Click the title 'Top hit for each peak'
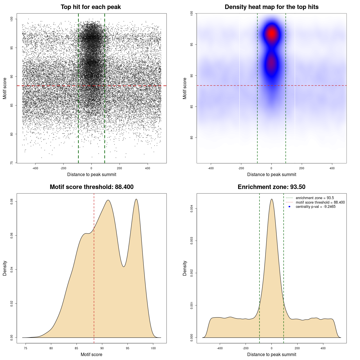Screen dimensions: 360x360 click(x=91, y=7)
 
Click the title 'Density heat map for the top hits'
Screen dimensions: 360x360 click(x=271, y=7)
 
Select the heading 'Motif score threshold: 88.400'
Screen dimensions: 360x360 click(x=91, y=187)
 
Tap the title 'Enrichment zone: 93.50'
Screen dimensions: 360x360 click(x=271, y=187)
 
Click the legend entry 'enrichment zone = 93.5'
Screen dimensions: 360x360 click(x=315, y=198)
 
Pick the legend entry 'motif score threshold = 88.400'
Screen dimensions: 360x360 click(x=320, y=202)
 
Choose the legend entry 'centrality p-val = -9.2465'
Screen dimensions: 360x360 click(x=316, y=207)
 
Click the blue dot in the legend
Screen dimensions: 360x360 click(x=289, y=207)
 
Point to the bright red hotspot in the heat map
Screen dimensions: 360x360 click(x=272, y=33)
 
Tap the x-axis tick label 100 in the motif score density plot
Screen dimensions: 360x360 click(x=153, y=348)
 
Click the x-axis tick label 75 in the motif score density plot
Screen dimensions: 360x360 click(x=26, y=348)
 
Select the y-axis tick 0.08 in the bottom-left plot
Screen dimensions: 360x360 click(x=12, y=201)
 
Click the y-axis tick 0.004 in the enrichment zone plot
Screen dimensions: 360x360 click(x=192, y=208)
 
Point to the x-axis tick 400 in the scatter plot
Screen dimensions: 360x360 click(x=147, y=168)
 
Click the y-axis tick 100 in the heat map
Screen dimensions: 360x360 click(x=192, y=13)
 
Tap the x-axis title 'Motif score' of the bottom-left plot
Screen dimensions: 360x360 click(x=91, y=354)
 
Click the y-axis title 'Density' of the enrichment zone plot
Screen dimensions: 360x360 click(x=185, y=268)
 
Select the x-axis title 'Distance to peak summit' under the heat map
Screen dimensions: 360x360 click(x=271, y=174)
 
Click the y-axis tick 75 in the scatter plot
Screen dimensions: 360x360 click(x=12, y=163)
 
